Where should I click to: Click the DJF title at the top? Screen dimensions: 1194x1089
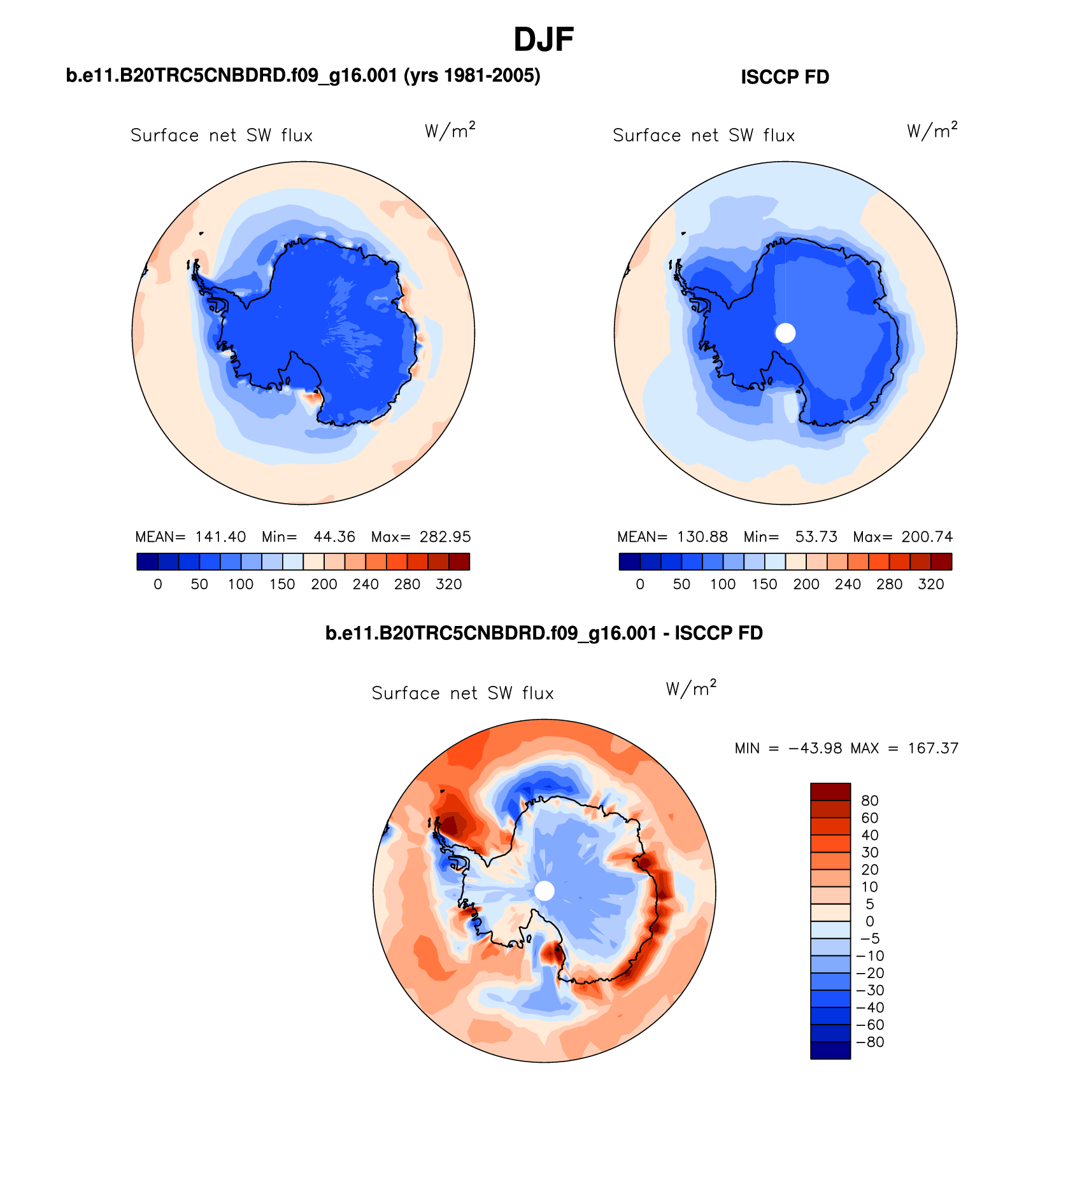tap(543, 39)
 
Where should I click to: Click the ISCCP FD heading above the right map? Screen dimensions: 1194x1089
tap(785, 77)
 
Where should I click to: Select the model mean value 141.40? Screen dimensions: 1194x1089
tap(220, 537)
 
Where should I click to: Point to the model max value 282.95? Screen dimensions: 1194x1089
tap(445, 537)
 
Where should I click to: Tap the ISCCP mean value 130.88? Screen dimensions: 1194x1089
tap(702, 537)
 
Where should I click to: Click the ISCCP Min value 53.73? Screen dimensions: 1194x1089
tap(816, 537)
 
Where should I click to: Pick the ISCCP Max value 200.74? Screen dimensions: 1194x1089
tap(927, 537)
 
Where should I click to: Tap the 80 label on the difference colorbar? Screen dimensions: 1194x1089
tap(869, 800)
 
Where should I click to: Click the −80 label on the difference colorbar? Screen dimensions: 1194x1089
tap(870, 1042)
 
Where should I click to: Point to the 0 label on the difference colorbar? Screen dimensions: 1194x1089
tap(870, 921)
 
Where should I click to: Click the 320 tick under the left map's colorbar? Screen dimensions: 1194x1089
tap(448, 585)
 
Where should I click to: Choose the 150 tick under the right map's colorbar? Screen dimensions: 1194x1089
tap(764, 585)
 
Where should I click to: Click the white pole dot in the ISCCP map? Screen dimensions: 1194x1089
tap(785, 332)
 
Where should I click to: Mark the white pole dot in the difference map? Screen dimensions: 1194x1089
tap(544, 891)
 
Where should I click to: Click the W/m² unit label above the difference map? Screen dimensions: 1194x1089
tap(691, 688)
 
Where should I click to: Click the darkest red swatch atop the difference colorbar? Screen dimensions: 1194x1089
tap(830, 792)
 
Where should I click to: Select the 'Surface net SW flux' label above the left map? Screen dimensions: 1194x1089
tap(222, 136)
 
